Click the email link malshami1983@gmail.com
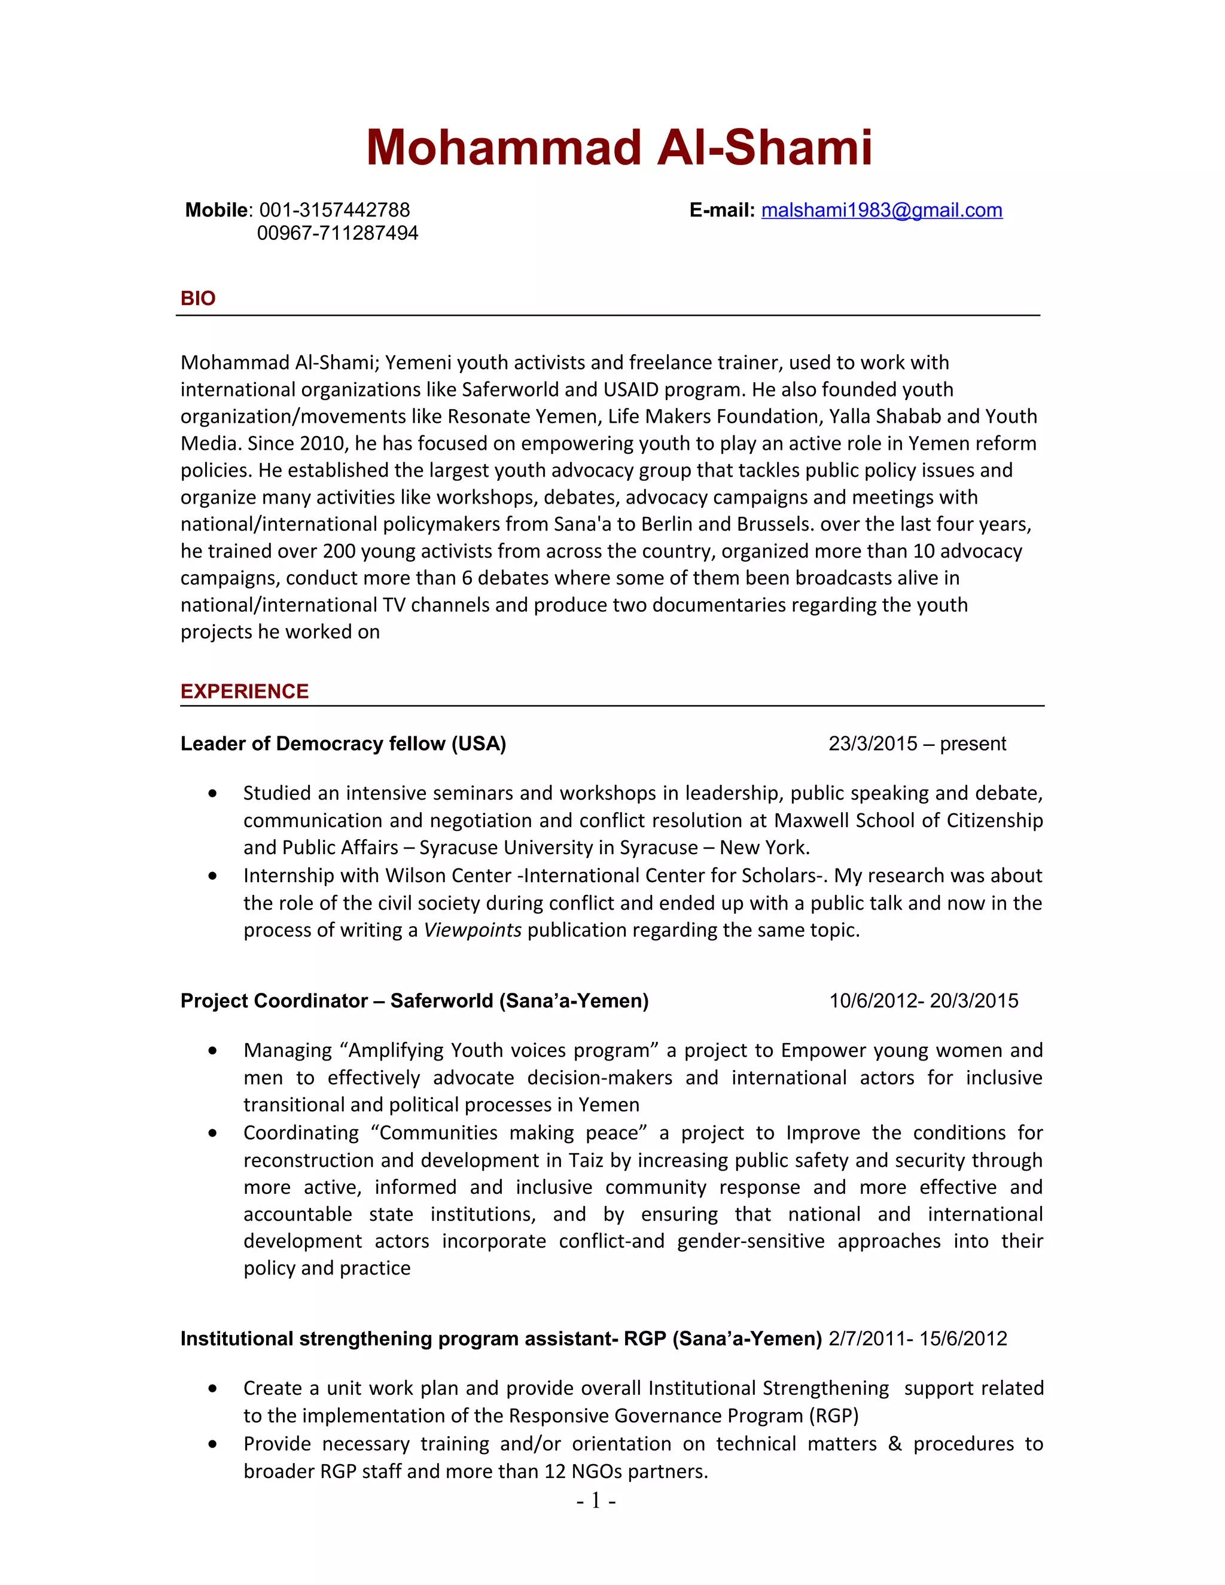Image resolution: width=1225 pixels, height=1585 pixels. [881, 211]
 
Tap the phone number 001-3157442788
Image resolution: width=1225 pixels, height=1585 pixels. [334, 211]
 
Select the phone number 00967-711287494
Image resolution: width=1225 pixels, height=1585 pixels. [337, 234]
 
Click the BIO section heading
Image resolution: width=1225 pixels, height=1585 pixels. [197, 298]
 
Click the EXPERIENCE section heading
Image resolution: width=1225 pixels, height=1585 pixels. [245, 691]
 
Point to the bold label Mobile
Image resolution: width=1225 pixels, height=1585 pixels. [217, 211]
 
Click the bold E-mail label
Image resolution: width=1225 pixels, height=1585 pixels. [721, 211]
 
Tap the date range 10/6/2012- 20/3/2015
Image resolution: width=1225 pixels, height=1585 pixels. [923, 1001]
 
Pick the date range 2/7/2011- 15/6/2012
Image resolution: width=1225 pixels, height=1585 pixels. [918, 1338]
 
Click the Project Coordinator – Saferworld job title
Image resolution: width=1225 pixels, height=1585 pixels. [415, 1001]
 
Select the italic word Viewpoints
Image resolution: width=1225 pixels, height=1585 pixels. [473, 931]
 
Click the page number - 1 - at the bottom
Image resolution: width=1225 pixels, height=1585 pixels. [596, 1500]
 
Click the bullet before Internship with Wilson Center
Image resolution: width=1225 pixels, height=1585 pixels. [212, 876]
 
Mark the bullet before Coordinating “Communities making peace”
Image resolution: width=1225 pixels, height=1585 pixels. [212, 1133]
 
